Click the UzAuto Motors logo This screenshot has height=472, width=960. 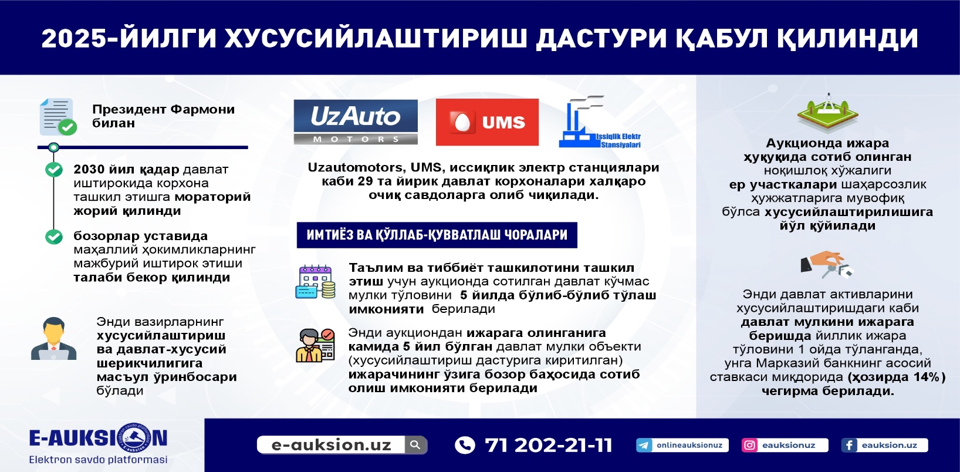pos(356,122)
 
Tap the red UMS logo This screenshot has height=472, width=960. pos(487,122)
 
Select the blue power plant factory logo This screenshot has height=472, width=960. pos(600,122)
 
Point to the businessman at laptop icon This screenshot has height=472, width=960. pos(53,338)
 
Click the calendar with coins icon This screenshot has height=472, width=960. pos(316,282)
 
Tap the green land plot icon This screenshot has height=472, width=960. pos(827,112)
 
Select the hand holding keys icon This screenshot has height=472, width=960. pos(827,264)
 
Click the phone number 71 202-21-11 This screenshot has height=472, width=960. pos(549,445)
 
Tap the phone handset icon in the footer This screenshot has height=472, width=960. pos(465,445)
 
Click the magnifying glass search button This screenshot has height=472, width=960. pos(415,444)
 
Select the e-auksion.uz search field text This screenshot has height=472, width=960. pos(332,445)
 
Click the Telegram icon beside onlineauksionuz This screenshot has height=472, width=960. pos(644,445)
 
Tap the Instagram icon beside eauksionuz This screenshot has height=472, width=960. pos(749,445)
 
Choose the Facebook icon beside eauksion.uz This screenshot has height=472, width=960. pos(849,445)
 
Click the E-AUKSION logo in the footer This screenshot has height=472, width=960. pos(98,444)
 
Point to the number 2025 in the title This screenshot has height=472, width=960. pos(74,38)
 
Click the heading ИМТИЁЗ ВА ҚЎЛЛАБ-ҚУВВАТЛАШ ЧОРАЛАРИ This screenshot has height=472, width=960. pos(437,235)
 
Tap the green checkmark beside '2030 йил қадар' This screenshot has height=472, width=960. pos(54,169)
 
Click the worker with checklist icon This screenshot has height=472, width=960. pos(315,345)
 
